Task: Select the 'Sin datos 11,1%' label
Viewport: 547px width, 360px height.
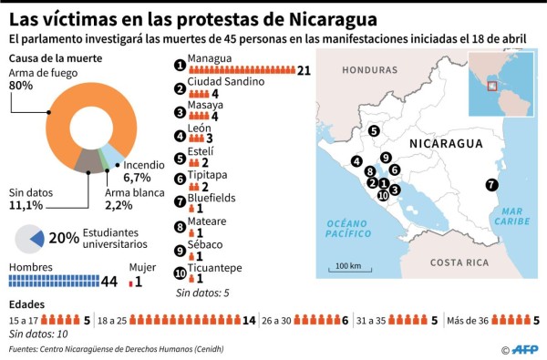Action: pos(33,201)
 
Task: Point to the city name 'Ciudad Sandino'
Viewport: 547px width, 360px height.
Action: pos(225,81)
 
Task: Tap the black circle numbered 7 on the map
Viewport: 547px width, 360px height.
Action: pos(492,184)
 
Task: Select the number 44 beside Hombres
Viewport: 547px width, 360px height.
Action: pos(109,282)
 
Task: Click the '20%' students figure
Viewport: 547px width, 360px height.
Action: pos(63,238)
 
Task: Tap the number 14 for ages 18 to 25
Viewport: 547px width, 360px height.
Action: pos(249,320)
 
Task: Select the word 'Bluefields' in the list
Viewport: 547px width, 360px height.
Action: pos(211,198)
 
